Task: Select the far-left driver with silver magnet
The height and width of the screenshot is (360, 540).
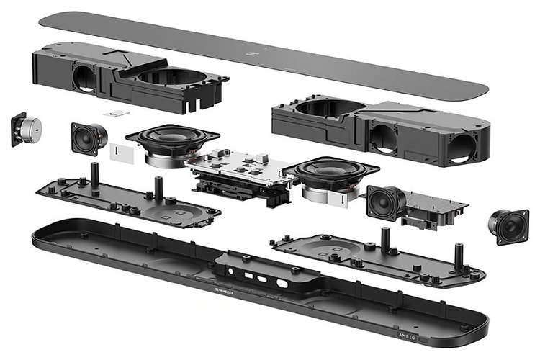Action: pyautogui.click(x=27, y=130)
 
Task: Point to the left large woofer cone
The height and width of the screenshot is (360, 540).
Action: pyautogui.click(x=171, y=137)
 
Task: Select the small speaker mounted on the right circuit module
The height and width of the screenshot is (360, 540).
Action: pyautogui.click(x=386, y=202)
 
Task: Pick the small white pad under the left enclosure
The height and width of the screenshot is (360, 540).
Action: pyautogui.click(x=115, y=114)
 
